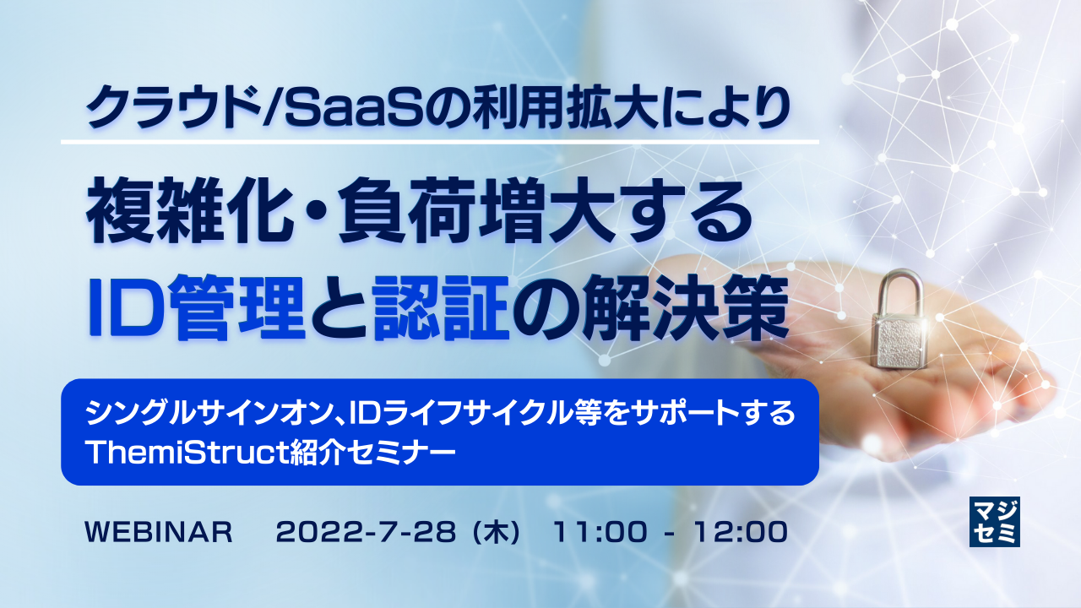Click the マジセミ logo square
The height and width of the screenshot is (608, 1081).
pyautogui.click(x=995, y=521)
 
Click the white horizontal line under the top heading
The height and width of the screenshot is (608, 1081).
pyautogui.click(x=440, y=141)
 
